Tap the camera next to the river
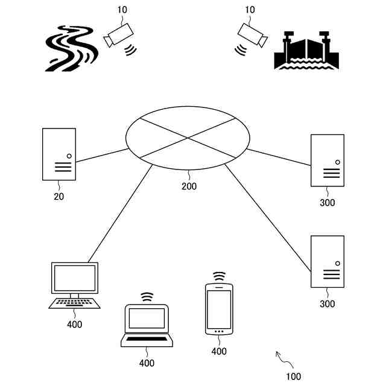coord(118,34)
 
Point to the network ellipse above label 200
coord(188,138)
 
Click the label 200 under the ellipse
coord(189,186)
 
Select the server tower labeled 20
coord(59,154)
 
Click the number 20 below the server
coord(59,196)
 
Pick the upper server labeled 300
coord(327,160)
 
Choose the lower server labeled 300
coord(327,262)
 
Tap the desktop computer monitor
coord(75,278)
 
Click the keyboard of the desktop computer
coord(75,303)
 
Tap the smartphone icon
coord(219,309)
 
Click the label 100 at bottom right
coord(294,377)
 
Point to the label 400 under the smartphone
coord(219,352)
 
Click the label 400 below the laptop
coord(147,363)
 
